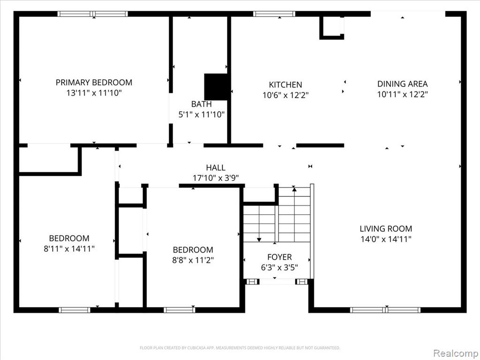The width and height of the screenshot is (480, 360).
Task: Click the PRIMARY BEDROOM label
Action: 94,82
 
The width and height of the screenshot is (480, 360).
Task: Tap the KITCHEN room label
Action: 285,84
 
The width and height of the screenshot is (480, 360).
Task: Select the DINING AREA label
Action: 402,83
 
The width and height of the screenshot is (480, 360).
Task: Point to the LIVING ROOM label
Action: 386,228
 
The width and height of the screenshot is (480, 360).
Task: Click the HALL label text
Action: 216,167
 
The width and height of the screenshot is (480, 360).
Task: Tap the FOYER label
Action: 279,257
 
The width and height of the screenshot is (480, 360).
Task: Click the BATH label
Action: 202,104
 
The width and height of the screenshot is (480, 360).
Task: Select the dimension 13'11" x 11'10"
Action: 94,93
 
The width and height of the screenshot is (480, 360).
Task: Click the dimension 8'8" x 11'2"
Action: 193,260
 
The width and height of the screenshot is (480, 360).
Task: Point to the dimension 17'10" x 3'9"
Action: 216,178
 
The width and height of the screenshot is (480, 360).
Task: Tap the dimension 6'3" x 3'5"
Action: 279,268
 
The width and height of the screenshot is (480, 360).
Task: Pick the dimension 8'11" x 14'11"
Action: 69,248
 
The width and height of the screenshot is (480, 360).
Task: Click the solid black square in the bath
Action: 216,87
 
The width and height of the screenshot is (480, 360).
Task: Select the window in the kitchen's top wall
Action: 274,14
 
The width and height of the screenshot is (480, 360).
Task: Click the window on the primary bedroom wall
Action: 93,14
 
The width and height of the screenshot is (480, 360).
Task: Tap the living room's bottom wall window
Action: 385,310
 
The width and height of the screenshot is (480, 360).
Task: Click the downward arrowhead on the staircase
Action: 259,240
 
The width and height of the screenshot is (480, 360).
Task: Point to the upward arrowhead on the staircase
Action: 294,189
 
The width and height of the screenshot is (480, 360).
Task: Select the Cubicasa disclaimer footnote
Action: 240,348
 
